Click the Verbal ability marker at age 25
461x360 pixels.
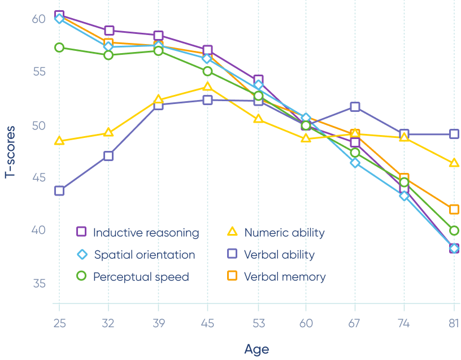pyautogui.click(x=59, y=190)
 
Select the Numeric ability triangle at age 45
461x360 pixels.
pyautogui.click(x=208, y=86)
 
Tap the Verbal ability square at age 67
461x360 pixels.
pyautogui.click(x=355, y=107)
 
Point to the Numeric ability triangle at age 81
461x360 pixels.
pyautogui.click(x=454, y=163)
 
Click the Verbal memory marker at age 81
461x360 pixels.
pyautogui.click(x=454, y=209)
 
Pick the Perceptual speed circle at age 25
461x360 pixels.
pyautogui.click(x=59, y=47)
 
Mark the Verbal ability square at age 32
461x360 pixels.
pyautogui.click(x=108, y=155)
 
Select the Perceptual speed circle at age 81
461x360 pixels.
pyautogui.click(x=454, y=231)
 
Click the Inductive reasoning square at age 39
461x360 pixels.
pyautogui.click(x=158, y=36)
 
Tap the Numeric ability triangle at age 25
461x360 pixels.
pyautogui.click(x=59, y=141)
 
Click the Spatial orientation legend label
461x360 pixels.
pyautogui.click(x=145, y=255)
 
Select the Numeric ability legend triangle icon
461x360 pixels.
pyautogui.click(x=232, y=232)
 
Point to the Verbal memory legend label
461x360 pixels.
pyautogui.click(x=285, y=277)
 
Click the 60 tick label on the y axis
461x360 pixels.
pyautogui.click(x=38, y=19)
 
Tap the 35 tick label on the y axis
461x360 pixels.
pyautogui.click(x=38, y=284)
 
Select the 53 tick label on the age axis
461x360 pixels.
pyautogui.click(x=258, y=323)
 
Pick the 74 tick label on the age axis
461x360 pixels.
pyautogui.click(x=405, y=323)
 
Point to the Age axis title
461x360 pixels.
pyautogui.click(x=256, y=349)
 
